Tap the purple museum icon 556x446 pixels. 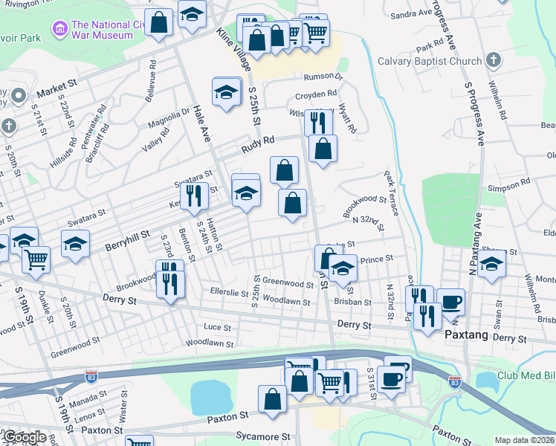click(x=58, y=29)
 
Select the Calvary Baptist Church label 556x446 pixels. click(x=430, y=61)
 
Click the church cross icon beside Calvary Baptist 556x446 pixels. click(x=493, y=60)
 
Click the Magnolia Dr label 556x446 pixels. click(x=169, y=116)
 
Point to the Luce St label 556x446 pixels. click(x=217, y=327)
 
